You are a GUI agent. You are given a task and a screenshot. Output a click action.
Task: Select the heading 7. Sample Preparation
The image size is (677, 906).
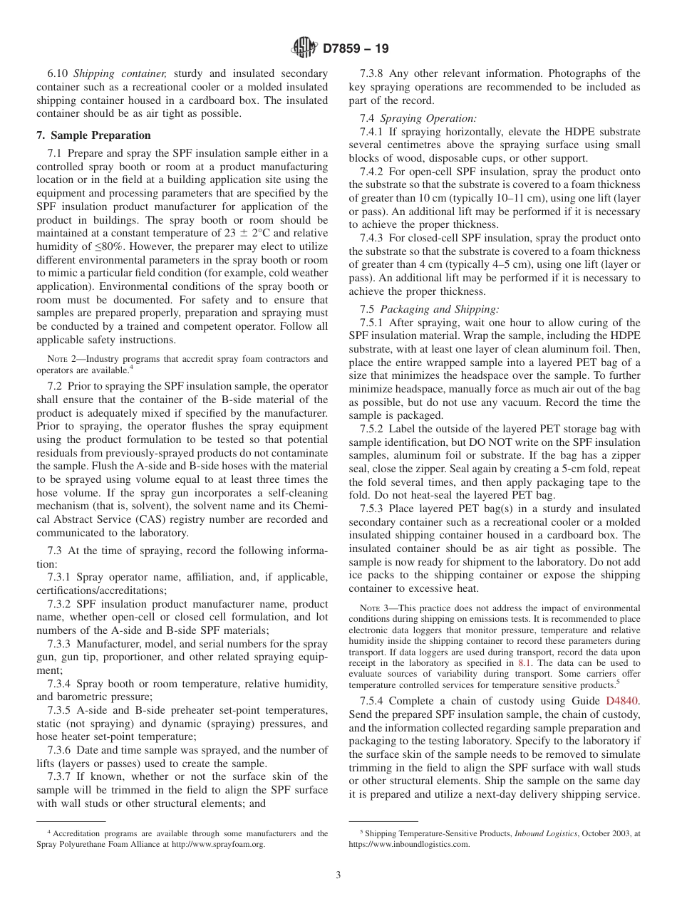93,135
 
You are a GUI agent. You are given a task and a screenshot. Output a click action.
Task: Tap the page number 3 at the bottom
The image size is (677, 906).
338,875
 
